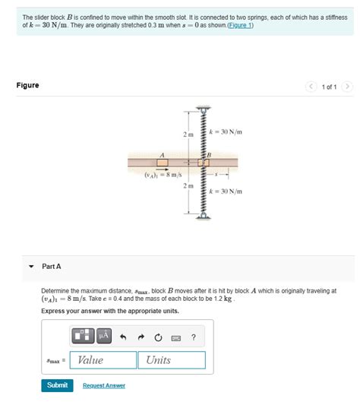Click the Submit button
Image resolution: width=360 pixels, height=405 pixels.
click(57, 385)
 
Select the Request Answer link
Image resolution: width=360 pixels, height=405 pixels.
click(104, 386)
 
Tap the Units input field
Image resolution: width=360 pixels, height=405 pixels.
click(172, 360)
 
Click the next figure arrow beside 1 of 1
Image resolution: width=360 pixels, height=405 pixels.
click(347, 86)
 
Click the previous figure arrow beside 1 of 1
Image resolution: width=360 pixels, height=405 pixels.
click(311, 86)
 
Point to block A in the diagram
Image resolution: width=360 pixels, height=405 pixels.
click(162, 161)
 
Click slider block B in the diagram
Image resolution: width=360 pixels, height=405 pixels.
click(203, 162)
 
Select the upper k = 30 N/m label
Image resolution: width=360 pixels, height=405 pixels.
click(226, 132)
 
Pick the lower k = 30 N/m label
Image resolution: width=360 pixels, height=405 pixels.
click(226, 191)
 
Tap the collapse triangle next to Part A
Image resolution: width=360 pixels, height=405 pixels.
click(31, 267)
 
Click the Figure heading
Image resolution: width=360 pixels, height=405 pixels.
click(27, 85)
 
